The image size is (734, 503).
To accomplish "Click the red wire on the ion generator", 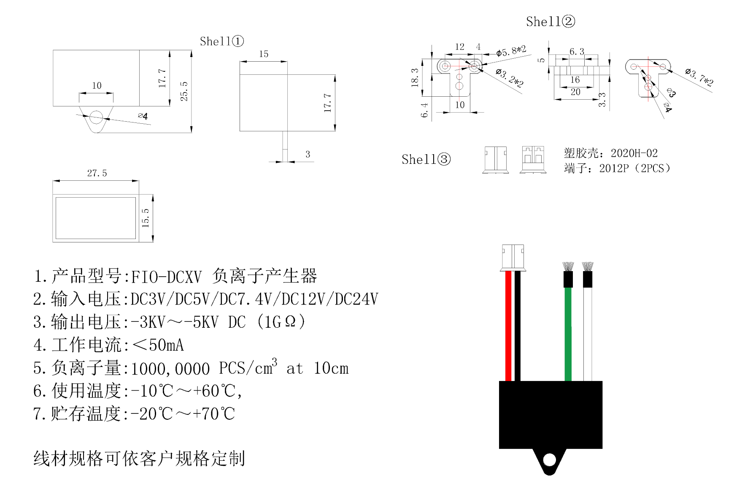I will tap(508, 325).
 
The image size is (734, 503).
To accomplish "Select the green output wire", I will tap(568, 334).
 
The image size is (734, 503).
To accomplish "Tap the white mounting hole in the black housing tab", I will tap(550, 460).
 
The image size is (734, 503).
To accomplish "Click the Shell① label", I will tap(221, 41).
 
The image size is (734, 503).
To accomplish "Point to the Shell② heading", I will tap(550, 22).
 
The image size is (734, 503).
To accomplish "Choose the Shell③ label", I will tap(426, 160).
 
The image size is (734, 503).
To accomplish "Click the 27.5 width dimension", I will tap(97, 173).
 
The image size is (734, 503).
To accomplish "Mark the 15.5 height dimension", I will tap(146, 218).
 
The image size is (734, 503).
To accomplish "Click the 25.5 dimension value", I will tap(184, 91).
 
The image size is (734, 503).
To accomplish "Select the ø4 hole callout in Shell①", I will tap(143, 116).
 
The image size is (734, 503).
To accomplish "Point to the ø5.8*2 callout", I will tap(511, 52).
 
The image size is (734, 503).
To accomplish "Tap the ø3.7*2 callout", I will tap(699, 77).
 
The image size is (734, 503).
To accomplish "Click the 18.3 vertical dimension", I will tap(415, 77).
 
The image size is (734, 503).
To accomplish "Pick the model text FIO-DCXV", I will tap(167, 277).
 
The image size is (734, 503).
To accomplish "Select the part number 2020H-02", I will tap(634, 153).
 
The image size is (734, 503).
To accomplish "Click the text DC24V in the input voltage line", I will tap(356, 299).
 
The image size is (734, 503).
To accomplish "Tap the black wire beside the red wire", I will tap(518, 325).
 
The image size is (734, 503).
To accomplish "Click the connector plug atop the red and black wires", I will tap(513, 257).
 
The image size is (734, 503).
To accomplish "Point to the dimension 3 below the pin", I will tap(308, 155).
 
